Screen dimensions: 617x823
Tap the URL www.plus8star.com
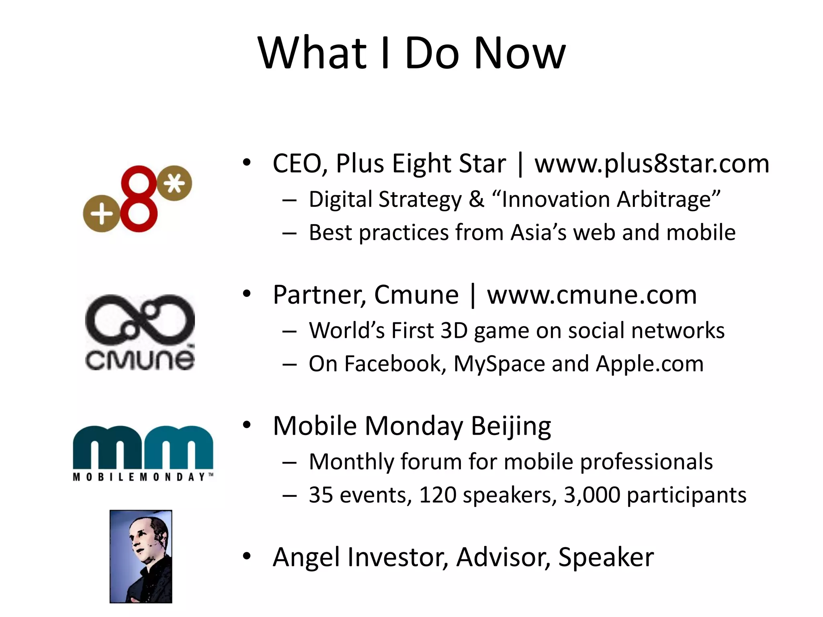coord(652,164)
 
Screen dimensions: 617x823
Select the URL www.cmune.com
coord(592,295)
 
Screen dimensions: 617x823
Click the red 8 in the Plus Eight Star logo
coord(139,199)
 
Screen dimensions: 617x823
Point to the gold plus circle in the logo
coord(101,213)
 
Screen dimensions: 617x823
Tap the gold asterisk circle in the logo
coord(174,183)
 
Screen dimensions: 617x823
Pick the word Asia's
coord(538,233)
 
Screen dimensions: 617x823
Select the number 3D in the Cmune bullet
coord(454,331)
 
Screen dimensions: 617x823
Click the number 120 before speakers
coord(438,495)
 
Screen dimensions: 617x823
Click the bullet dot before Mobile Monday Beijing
coord(246,425)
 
